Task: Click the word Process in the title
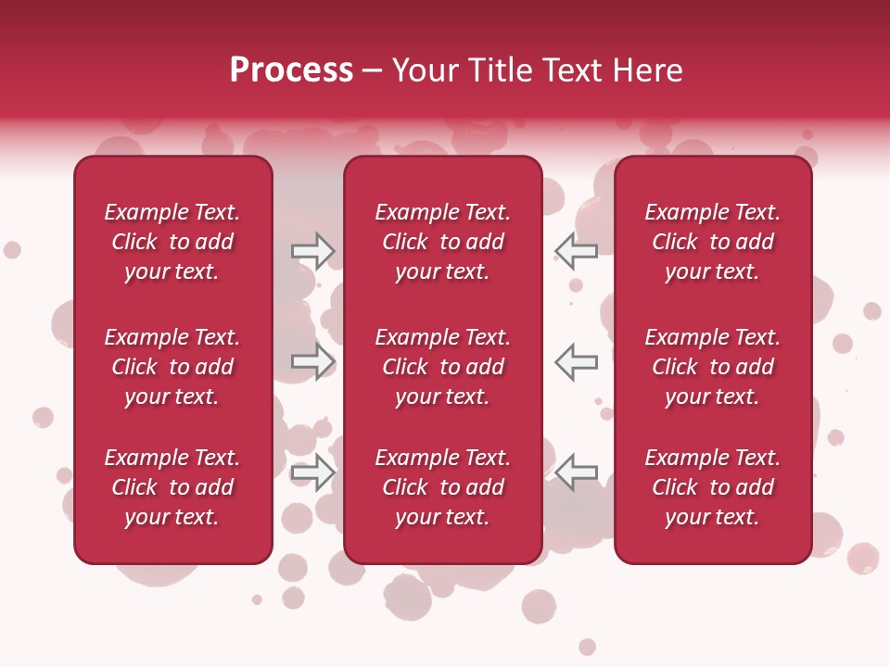[x=291, y=70]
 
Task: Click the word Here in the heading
[x=647, y=70]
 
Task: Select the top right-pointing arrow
[x=312, y=250]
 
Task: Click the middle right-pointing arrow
[x=312, y=361]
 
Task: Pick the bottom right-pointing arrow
[x=312, y=472]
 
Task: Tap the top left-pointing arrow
[x=577, y=250]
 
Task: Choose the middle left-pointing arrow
[x=577, y=361]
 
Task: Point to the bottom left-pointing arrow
[x=577, y=472]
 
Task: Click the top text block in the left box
[x=172, y=242]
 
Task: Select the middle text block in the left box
[x=172, y=367]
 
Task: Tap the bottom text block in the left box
[x=172, y=487]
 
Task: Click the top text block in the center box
[x=442, y=242]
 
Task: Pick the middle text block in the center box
[x=442, y=367]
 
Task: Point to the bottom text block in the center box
[x=442, y=487]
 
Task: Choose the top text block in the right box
[x=712, y=242]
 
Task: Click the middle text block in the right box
[x=712, y=367]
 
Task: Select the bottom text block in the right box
[x=712, y=487]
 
